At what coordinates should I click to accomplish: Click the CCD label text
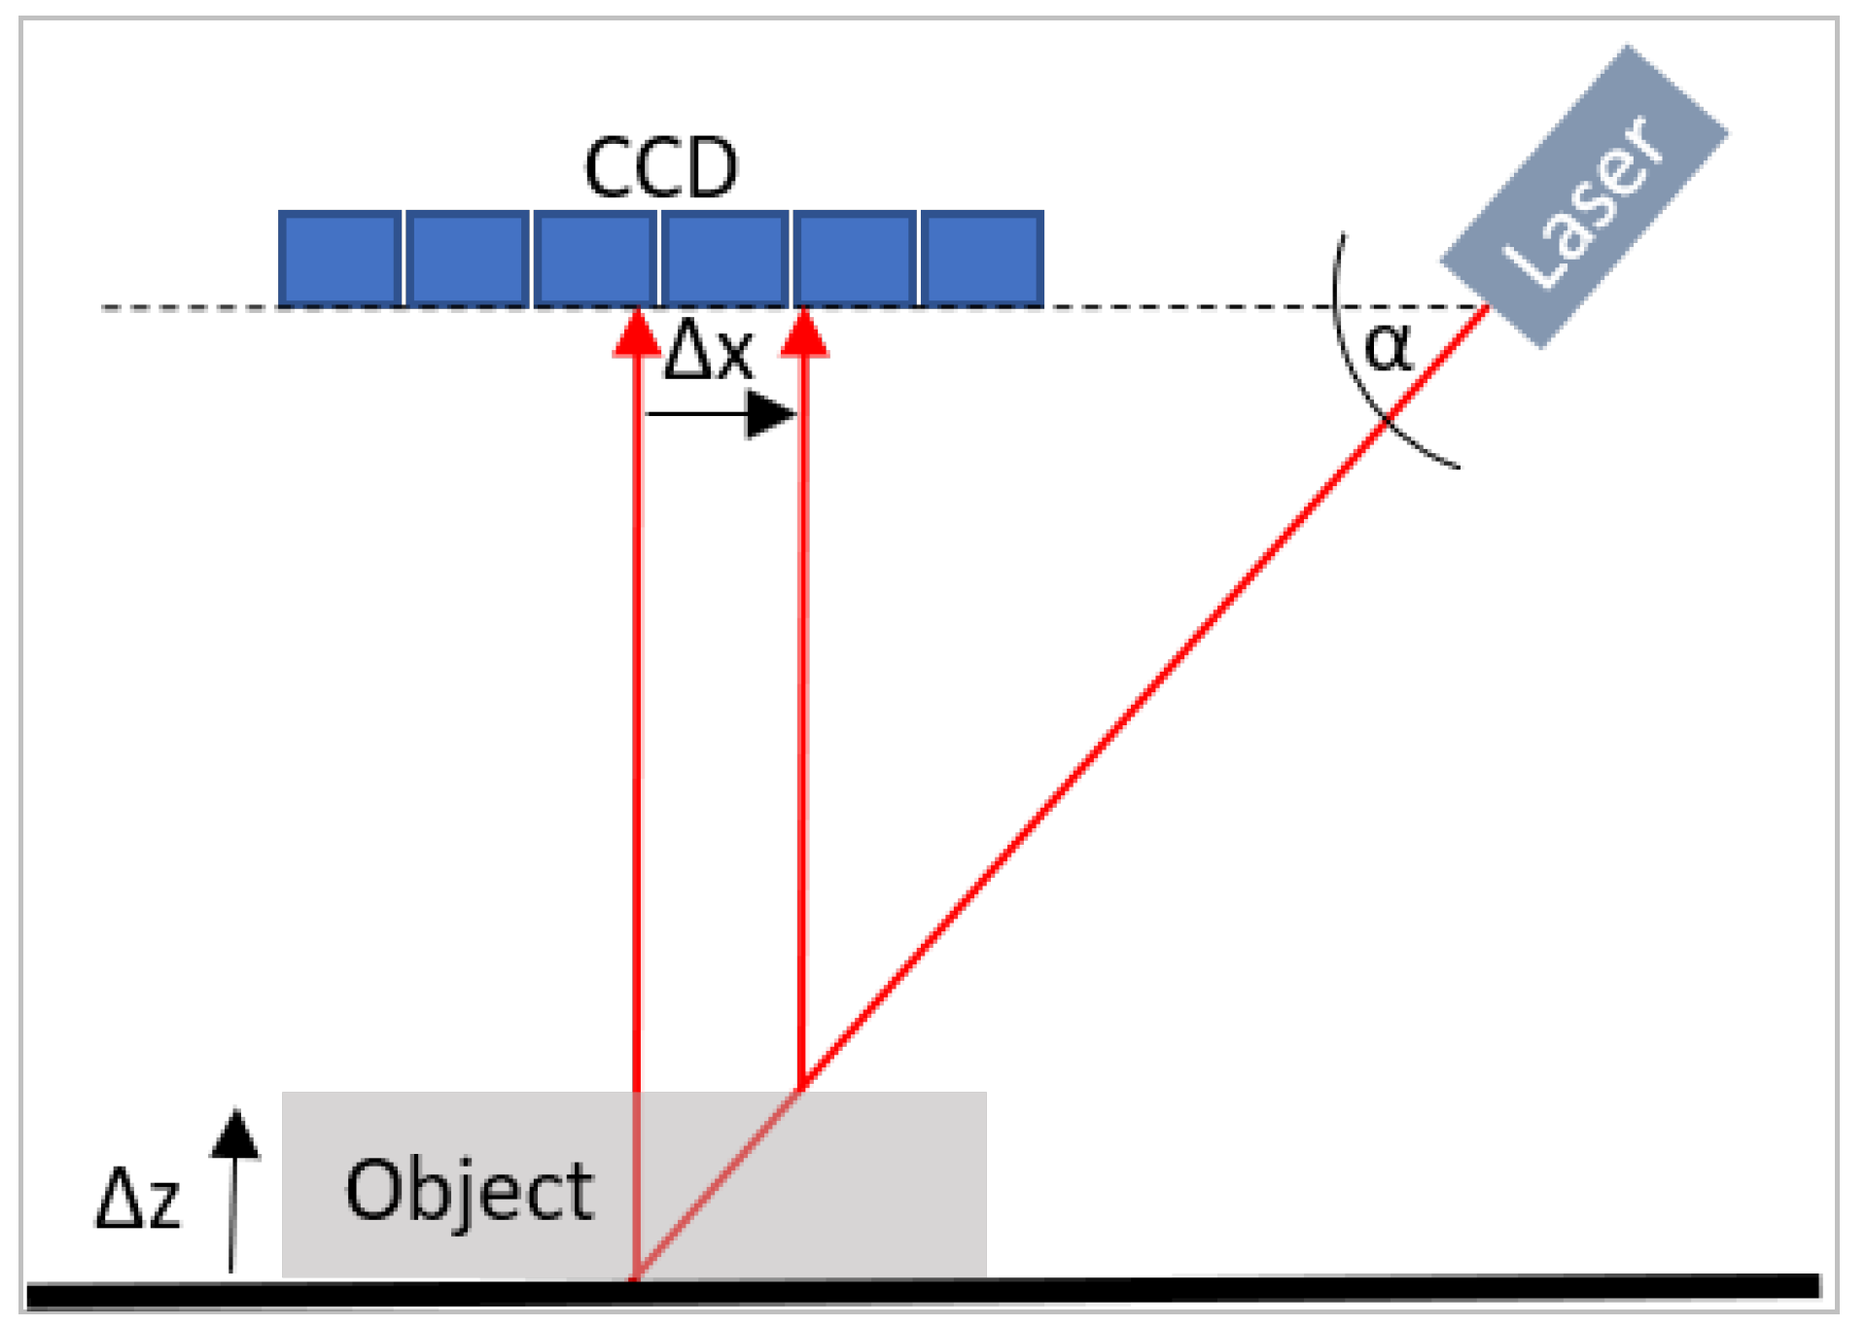(x=661, y=168)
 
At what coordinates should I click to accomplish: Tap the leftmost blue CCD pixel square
(x=340, y=259)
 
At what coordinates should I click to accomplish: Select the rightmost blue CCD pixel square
(x=982, y=259)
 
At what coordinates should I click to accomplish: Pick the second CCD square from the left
(x=468, y=259)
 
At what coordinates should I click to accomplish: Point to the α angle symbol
(x=1388, y=347)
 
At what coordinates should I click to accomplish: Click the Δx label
(x=708, y=351)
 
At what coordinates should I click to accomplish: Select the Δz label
(x=138, y=1199)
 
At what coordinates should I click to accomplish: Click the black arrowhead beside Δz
(x=235, y=1134)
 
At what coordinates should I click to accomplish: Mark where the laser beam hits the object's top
(x=801, y=1091)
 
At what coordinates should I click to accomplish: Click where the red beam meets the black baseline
(x=635, y=1278)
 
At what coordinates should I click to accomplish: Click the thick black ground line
(x=1167, y=1288)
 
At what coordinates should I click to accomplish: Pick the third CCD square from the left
(x=595, y=259)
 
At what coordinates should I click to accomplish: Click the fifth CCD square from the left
(x=854, y=259)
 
